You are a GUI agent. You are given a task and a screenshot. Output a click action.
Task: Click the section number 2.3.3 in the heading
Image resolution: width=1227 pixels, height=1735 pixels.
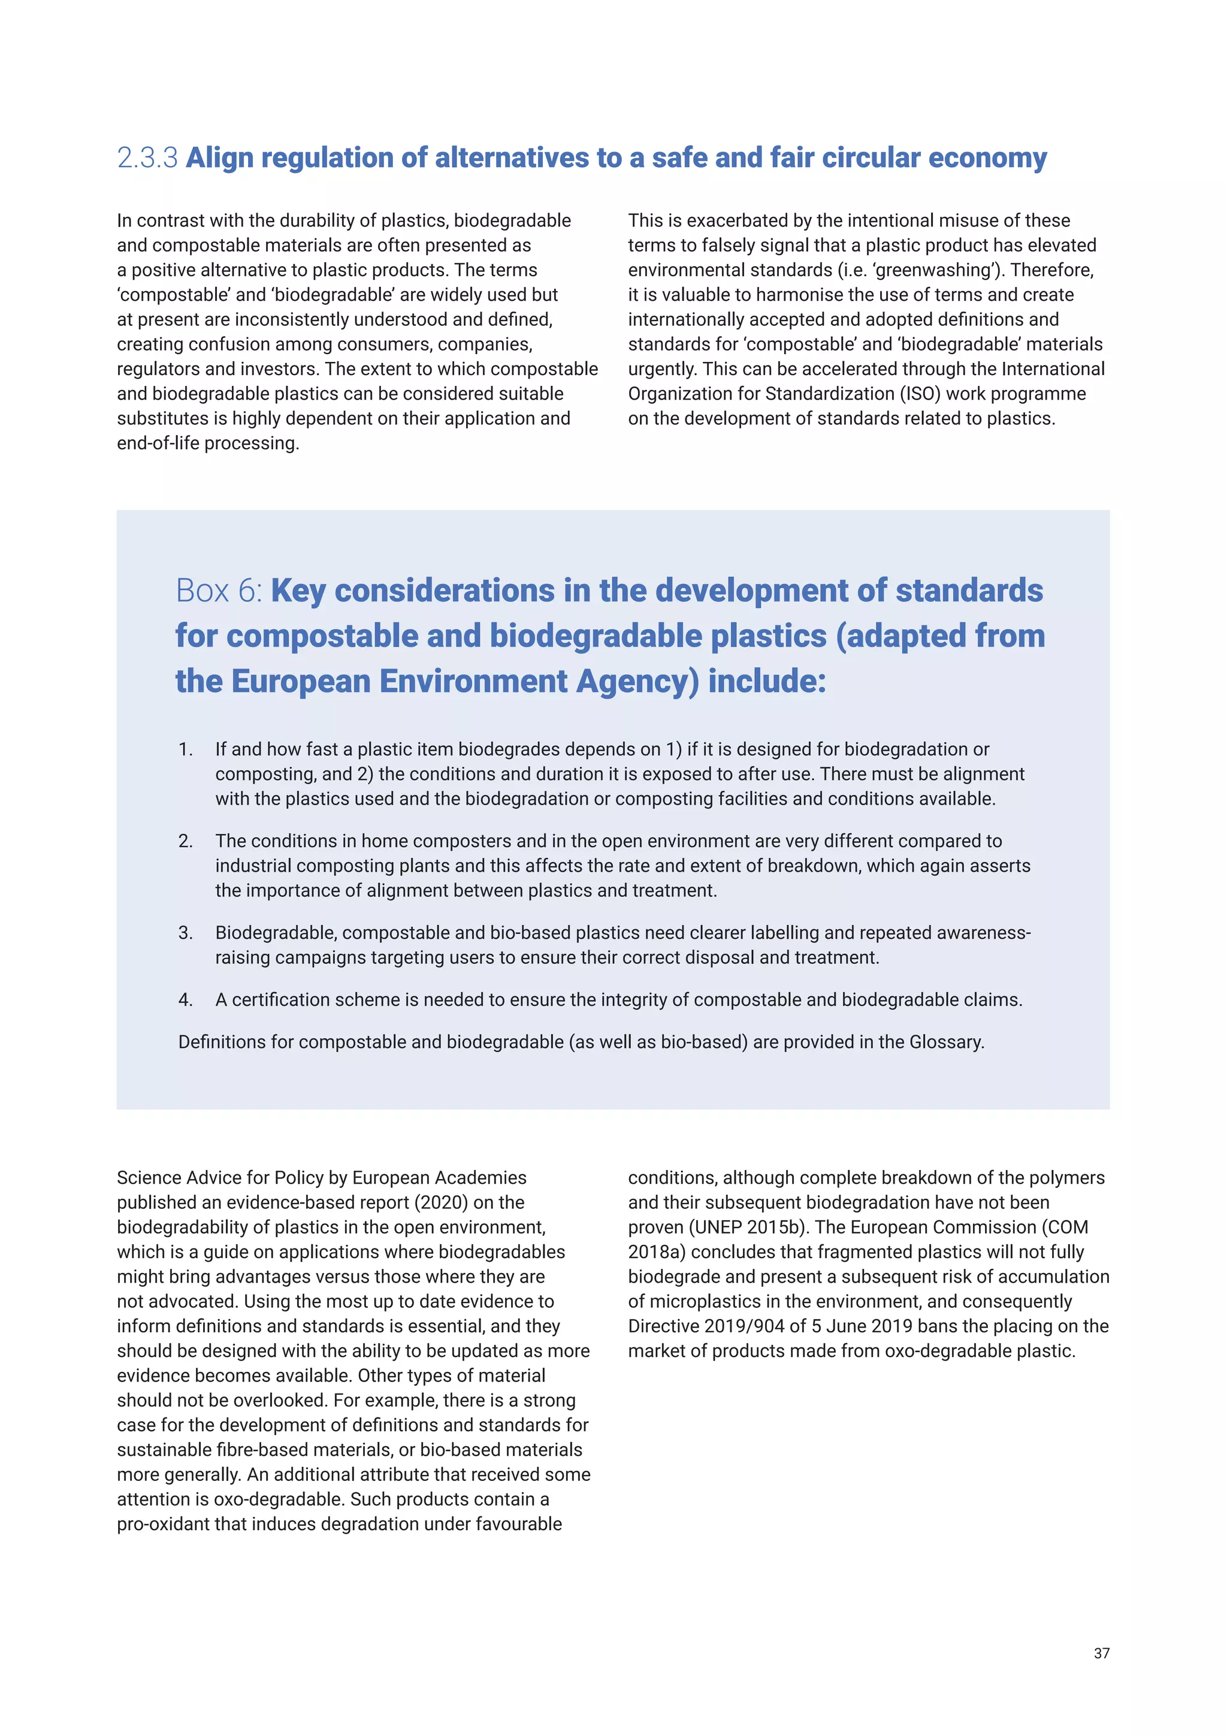147,158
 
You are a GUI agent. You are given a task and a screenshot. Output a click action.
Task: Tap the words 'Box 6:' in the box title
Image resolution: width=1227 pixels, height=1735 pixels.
219,591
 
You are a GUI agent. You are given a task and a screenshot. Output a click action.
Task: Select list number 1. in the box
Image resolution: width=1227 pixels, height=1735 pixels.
186,749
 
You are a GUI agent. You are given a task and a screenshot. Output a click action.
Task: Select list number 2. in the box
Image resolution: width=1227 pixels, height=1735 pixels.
186,841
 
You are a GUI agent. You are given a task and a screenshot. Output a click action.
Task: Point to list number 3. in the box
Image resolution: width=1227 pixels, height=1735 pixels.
186,933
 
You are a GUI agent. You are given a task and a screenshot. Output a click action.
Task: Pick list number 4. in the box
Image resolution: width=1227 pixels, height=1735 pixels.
186,1000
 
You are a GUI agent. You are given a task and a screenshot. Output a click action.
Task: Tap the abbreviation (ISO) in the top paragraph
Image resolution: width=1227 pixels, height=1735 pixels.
920,394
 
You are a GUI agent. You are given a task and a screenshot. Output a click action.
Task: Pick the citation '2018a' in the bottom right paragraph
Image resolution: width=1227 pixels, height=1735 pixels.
657,1252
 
